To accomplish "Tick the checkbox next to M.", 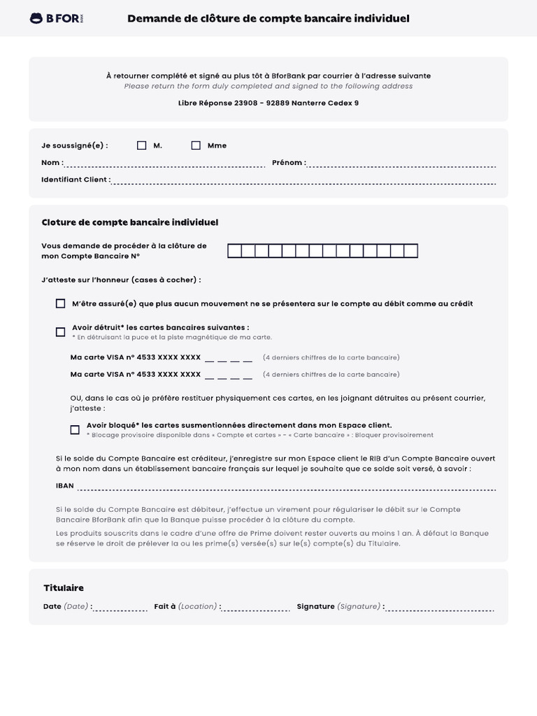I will point(142,145).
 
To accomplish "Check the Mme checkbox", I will point(196,145).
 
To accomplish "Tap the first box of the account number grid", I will point(235,251).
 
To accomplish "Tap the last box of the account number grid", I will point(411,251).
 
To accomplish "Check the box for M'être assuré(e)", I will point(61,304).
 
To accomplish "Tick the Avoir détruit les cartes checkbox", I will point(61,331).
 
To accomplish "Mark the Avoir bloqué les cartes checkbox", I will point(75,429).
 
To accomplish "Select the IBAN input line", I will point(287,488).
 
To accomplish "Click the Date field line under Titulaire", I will point(120,609).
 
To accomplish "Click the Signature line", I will point(439,609).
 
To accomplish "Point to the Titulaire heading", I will point(64,588).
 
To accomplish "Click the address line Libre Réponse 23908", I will point(268,103).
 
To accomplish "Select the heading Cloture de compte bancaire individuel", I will point(130,222).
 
